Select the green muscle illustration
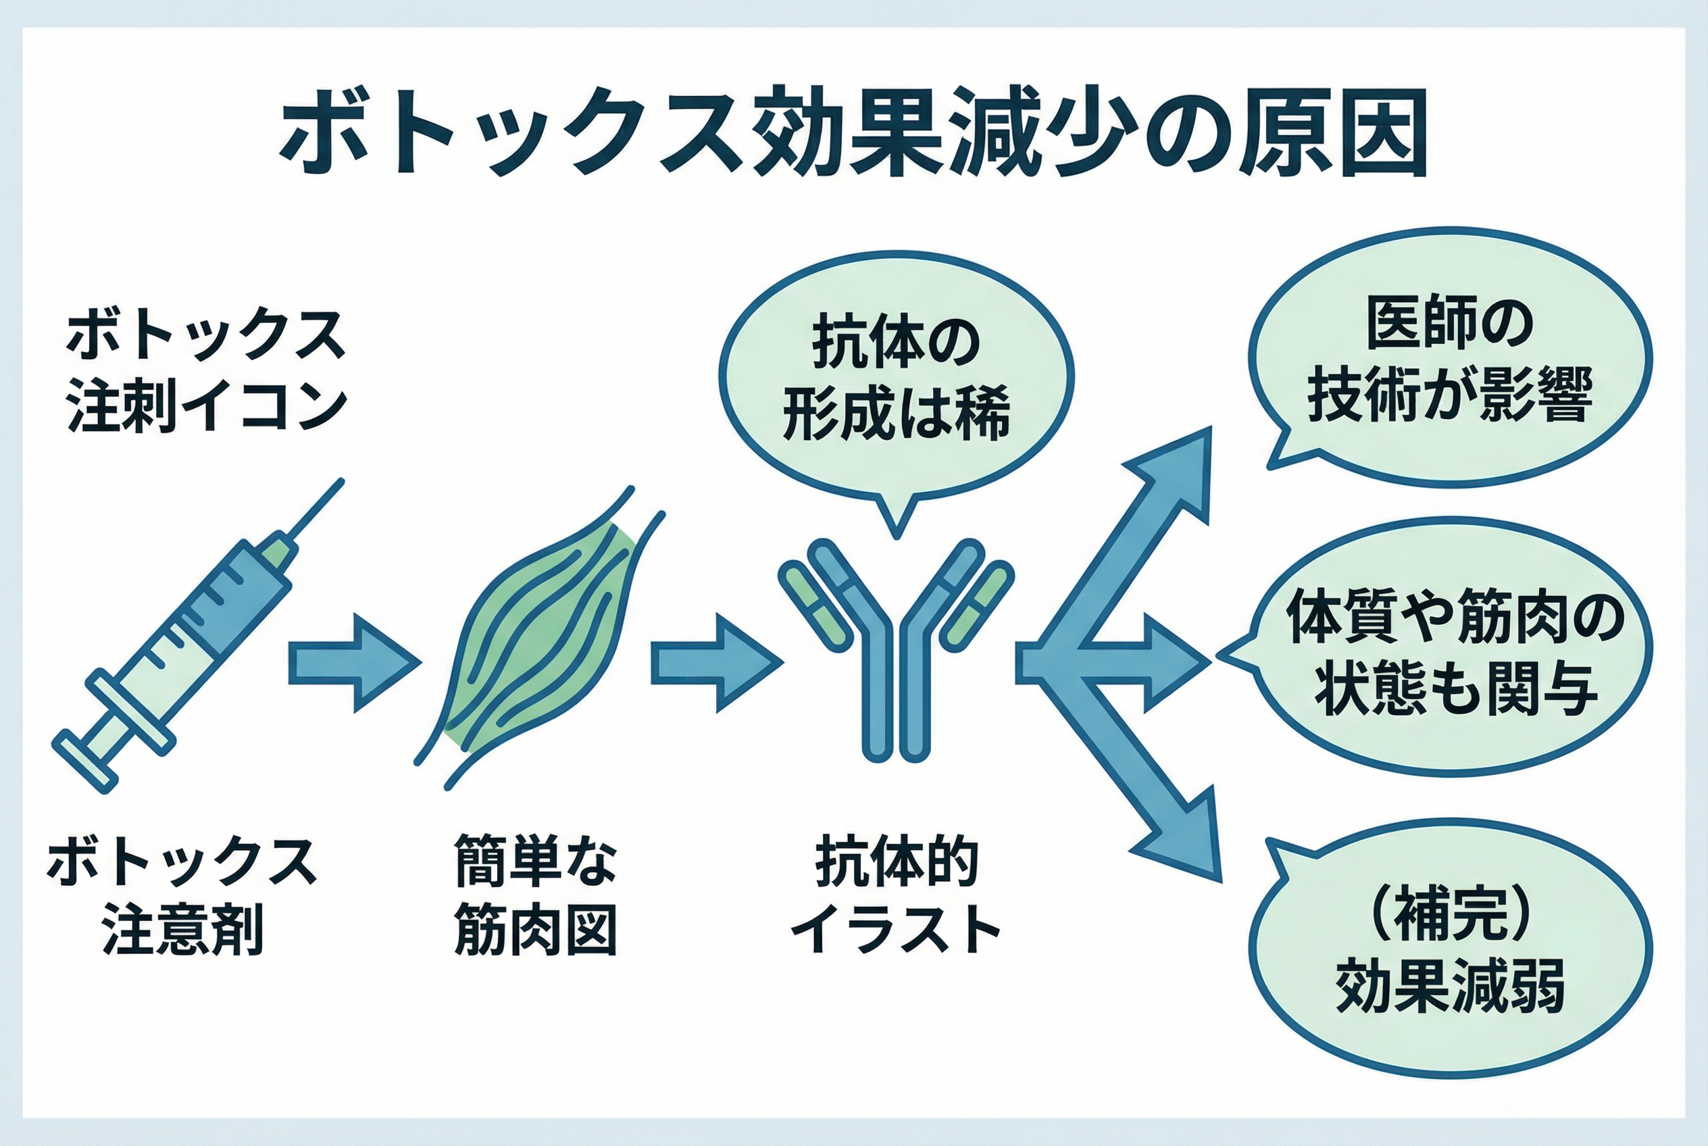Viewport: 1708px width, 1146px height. coord(541,643)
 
